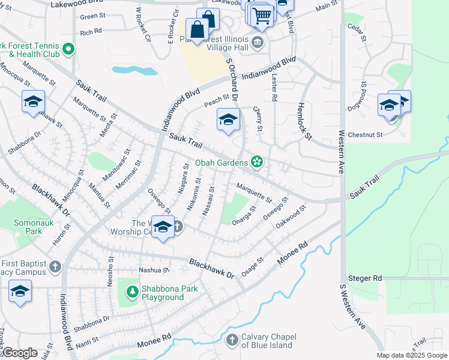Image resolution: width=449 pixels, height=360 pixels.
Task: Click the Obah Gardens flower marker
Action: click(257, 162)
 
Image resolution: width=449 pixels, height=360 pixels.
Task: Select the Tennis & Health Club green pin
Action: click(68, 49)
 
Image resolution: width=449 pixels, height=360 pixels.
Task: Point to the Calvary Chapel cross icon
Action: click(232, 341)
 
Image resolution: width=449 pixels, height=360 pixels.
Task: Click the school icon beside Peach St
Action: click(228, 121)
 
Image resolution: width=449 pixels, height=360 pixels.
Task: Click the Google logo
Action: click(19, 353)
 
